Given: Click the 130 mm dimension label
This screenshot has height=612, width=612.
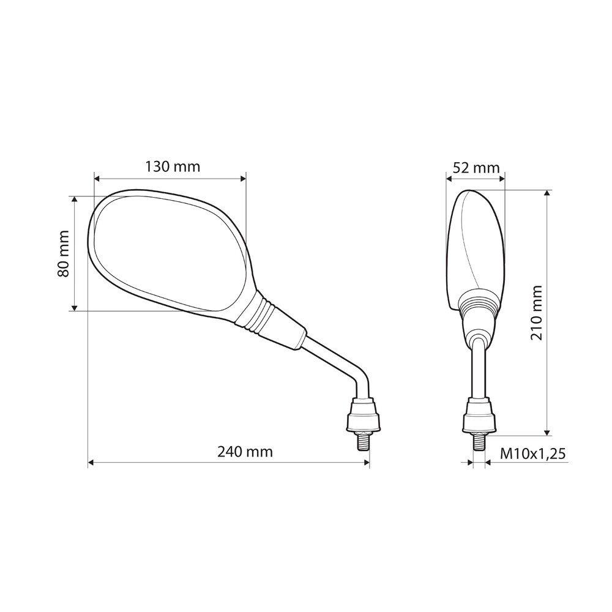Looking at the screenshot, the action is (173, 166).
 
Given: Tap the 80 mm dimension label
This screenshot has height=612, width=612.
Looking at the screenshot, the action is (63, 254).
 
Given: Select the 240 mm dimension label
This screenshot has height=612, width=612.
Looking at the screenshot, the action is (245, 452).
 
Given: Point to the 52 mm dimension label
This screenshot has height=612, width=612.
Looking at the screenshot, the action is (476, 168).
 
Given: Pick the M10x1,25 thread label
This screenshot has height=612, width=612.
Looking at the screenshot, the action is (533, 454).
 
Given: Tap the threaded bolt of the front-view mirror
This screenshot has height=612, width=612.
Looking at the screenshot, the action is (363, 442).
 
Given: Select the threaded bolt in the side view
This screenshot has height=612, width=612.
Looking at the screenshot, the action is (479, 442).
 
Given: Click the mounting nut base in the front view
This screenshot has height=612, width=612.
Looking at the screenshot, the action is (363, 415).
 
